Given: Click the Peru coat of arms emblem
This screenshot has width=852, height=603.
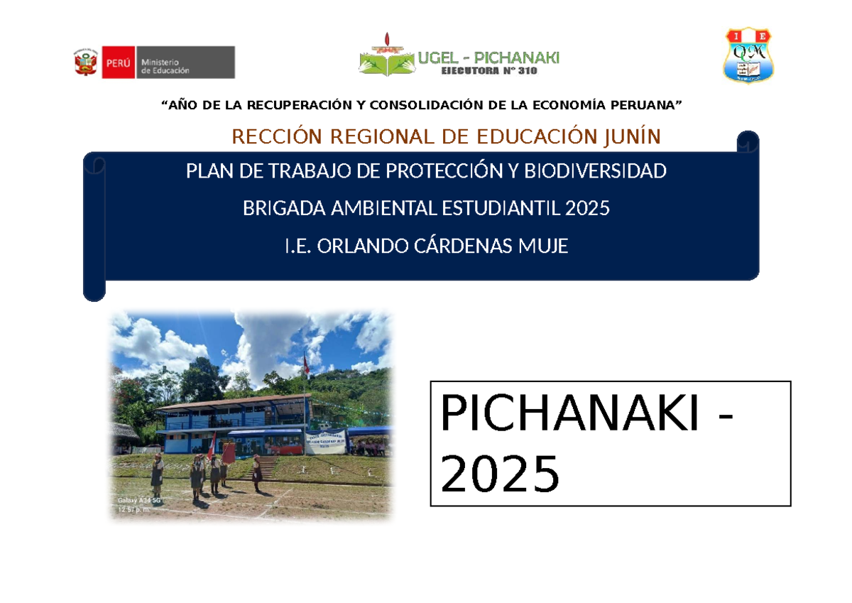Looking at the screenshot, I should pyautogui.click(x=86, y=63).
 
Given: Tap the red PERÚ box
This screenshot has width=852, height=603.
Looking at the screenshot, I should pyautogui.click(x=118, y=63).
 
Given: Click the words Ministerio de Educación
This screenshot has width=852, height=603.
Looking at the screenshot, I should pyautogui.click(x=165, y=66).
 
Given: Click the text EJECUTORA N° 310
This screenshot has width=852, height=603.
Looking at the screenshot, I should pyautogui.click(x=489, y=71).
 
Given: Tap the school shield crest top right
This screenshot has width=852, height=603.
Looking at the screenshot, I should pyautogui.click(x=748, y=55).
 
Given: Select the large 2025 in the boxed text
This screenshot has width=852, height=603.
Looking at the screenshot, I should pyautogui.click(x=500, y=474).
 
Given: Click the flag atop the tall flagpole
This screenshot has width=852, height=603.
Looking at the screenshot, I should pyautogui.click(x=306, y=366).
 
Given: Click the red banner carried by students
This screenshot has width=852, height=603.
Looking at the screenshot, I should pyautogui.click(x=229, y=453).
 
